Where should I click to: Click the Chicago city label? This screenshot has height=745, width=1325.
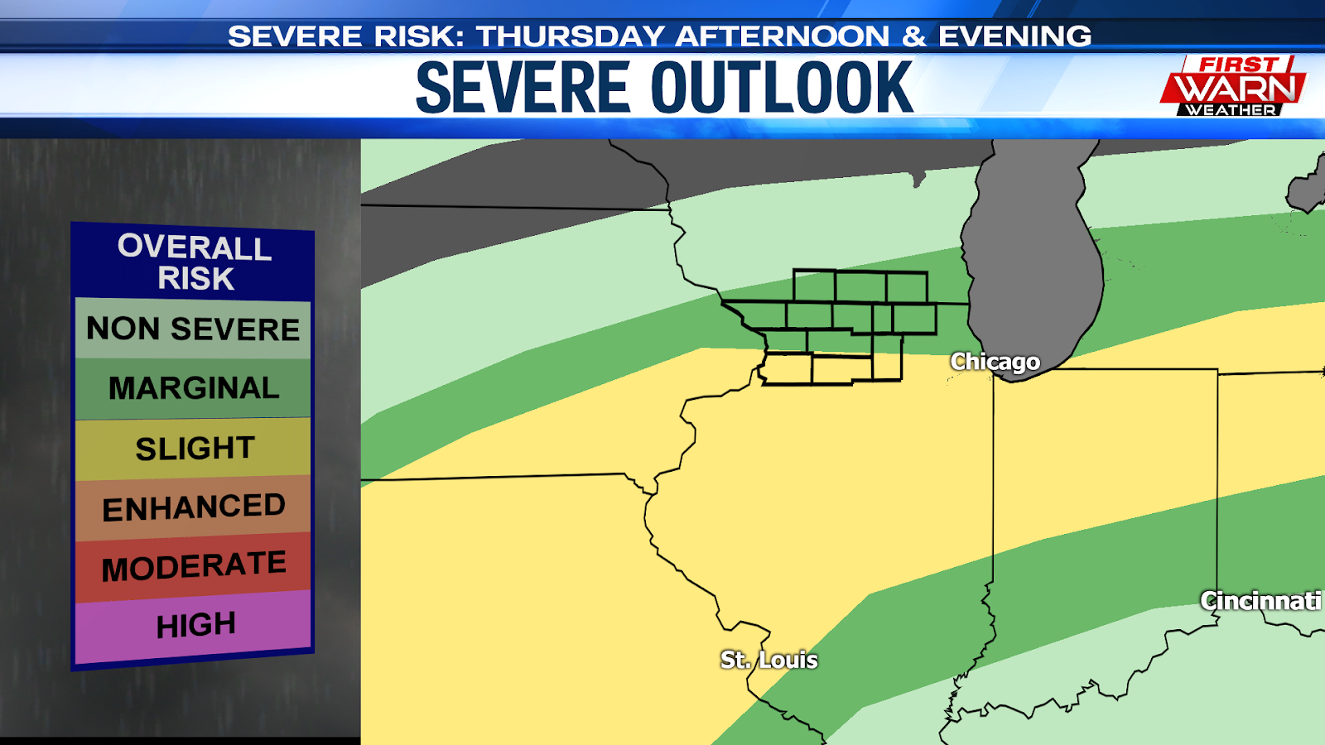(x=995, y=362)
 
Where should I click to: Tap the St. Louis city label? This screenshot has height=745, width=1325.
(x=768, y=660)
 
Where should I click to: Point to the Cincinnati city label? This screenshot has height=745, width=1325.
(x=1260, y=601)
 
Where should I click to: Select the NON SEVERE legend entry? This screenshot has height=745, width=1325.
(x=193, y=329)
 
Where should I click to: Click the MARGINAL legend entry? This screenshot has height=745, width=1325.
(x=193, y=388)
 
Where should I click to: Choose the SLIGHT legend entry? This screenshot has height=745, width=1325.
(x=194, y=448)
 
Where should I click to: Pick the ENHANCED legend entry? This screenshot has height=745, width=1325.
(x=194, y=507)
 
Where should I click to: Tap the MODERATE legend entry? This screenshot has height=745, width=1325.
(x=194, y=567)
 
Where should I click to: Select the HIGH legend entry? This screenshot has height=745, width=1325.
(x=195, y=625)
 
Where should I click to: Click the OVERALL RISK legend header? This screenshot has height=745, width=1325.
(x=195, y=262)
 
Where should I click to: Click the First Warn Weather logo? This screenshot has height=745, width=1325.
(x=1232, y=86)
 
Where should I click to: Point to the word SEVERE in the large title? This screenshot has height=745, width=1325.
(x=523, y=88)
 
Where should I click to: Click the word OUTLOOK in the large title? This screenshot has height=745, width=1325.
(x=782, y=88)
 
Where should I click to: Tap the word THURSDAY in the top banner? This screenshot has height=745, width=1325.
(x=571, y=36)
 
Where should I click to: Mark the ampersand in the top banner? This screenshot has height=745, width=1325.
(x=913, y=36)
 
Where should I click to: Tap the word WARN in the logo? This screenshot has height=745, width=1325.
(x=1235, y=88)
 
